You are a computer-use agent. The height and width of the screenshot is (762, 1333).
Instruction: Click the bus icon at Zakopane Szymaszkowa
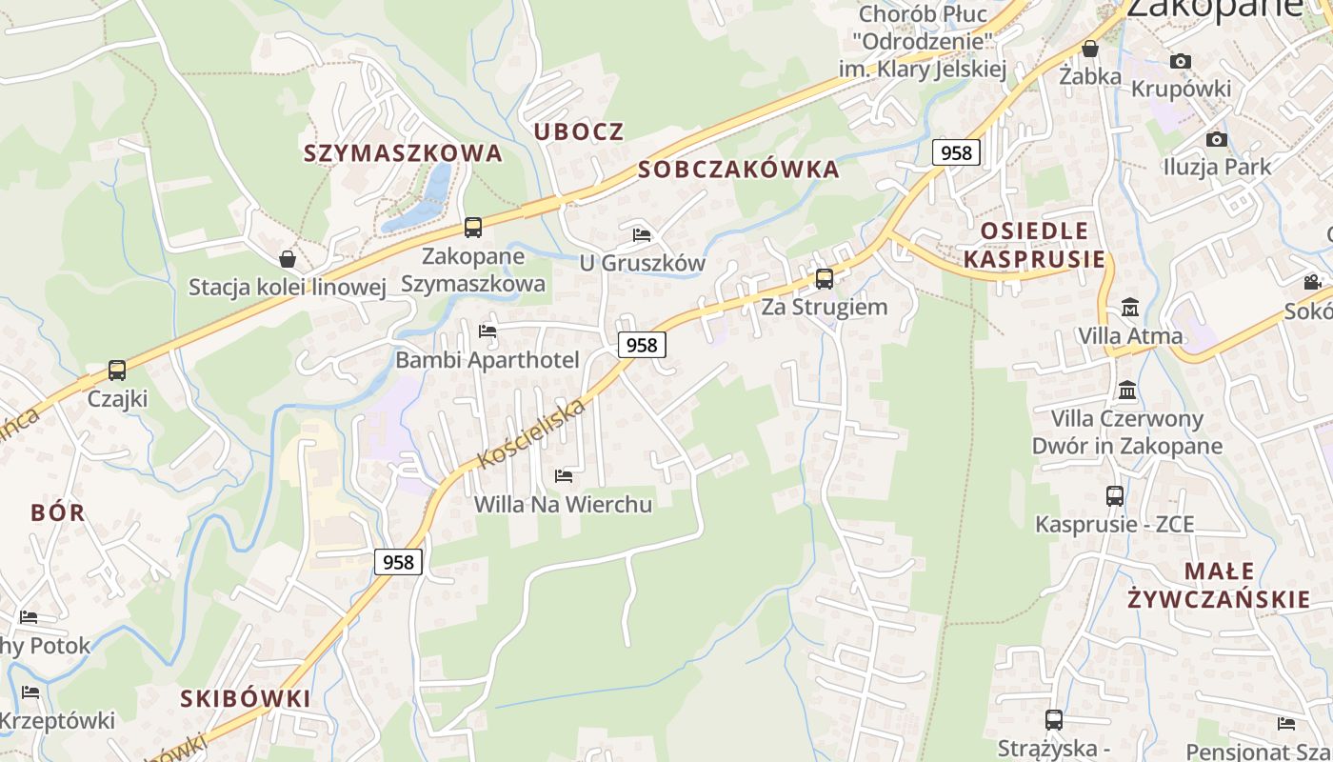pyautogui.click(x=473, y=228)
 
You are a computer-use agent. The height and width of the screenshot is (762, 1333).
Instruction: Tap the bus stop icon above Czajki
pyautogui.click(x=117, y=370)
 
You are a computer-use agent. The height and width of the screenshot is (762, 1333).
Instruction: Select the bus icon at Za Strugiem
pyautogui.click(x=825, y=279)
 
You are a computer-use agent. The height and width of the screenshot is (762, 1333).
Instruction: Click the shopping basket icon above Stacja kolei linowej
pyautogui.click(x=288, y=258)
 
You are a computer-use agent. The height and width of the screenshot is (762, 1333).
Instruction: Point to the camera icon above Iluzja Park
pyautogui.click(x=1216, y=140)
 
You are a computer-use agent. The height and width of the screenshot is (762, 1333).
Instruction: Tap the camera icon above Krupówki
pyautogui.click(x=1181, y=62)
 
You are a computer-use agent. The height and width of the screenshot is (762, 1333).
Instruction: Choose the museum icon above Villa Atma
pyautogui.click(x=1130, y=308)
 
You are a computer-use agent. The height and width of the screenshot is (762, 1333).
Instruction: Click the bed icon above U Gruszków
pyautogui.click(x=642, y=234)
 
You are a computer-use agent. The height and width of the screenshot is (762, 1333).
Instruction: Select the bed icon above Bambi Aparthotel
pyautogui.click(x=487, y=331)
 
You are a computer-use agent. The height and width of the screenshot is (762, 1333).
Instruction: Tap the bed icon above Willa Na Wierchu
pyautogui.click(x=564, y=475)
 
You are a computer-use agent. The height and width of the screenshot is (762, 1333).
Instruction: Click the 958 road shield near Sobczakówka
pyautogui.click(x=956, y=152)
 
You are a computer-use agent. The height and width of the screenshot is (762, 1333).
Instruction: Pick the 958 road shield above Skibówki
pyautogui.click(x=398, y=562)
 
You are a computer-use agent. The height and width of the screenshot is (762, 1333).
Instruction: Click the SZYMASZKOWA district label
pyautogui.click(x=403, y=152)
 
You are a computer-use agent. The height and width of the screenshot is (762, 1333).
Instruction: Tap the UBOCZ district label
pyautogui.click(x=579, y=131)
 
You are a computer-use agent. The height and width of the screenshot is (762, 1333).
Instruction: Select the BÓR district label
pyautogui.click(x=58, y=512)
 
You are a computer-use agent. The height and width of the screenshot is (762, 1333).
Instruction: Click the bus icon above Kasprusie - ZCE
pyautogui.click(x=1115, y=496)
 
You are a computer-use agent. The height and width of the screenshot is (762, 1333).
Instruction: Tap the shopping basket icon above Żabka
pyautogui.click(x=1090, y=49)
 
